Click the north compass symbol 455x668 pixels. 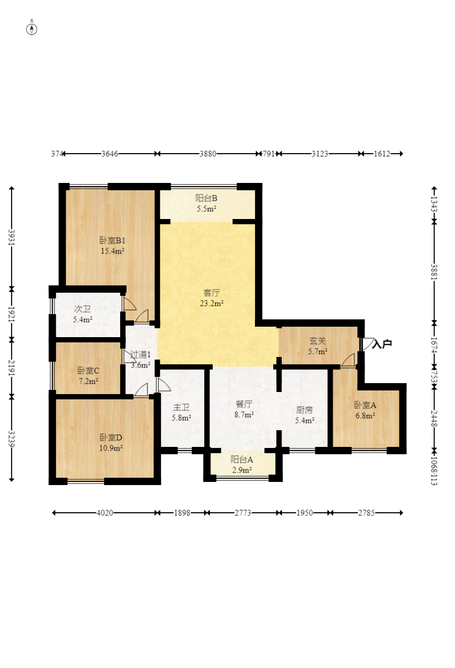[x=31, y=29]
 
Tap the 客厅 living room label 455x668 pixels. [x=212, y=293]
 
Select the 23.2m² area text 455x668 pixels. [x=212, y=303]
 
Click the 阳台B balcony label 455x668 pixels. [x=206, y=198]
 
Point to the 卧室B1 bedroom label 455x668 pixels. [x=112, y=240]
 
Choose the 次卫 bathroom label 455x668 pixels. [x=83, y=309]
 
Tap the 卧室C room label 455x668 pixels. [x=88, y=371]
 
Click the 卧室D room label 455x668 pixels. [x=111, y=437]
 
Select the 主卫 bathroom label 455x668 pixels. [x=181, y=407]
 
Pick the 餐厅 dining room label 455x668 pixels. [x=244, y=404]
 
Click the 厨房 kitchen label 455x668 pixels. [x=305, y=410]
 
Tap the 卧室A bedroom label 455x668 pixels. [x=365, y=405]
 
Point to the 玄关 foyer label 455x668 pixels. [x=318, y=341]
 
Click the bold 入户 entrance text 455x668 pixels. [x=382, y=344]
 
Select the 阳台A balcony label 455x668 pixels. [x=242, y=459]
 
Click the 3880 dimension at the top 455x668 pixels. [x=208, y=154]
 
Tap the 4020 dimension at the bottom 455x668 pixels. [x=105, y=513]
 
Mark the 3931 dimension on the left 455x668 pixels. [x=11, y=237]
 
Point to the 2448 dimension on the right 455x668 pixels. [x=434, y=418]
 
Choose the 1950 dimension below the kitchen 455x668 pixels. [x=305, y=513]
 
